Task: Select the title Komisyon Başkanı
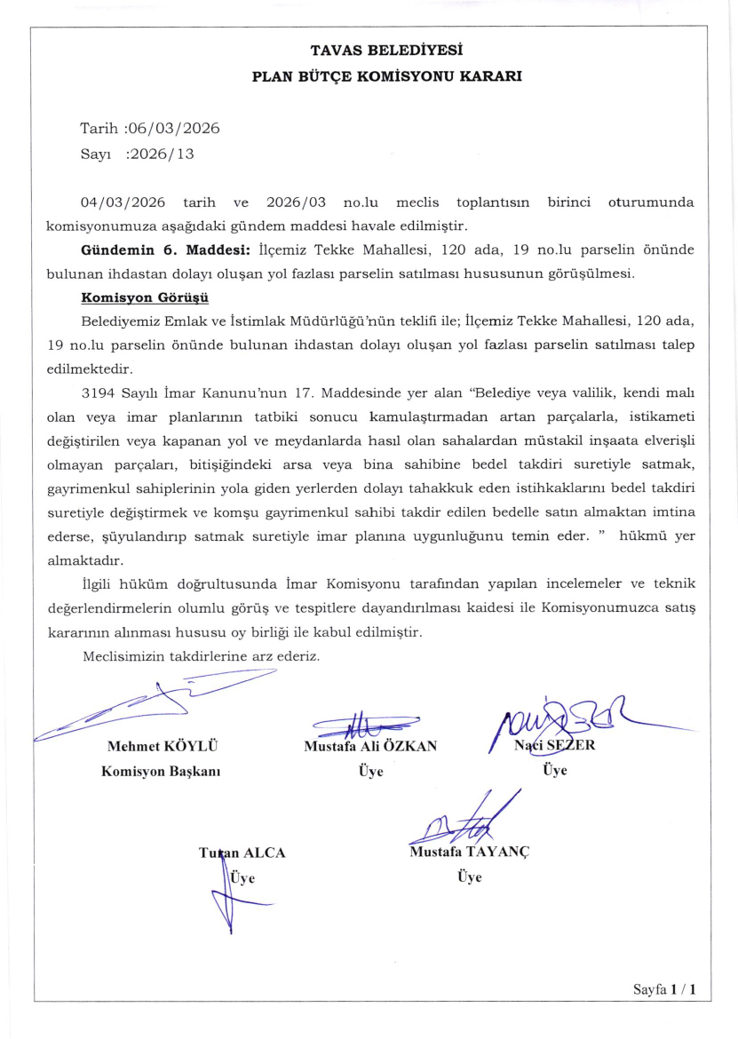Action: coord(162,771)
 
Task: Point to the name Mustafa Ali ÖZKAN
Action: coord(370,746)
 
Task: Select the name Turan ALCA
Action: coord(242,853)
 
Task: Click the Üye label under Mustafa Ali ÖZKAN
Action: coord(370,771)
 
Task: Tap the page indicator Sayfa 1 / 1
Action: coord(664,988)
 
